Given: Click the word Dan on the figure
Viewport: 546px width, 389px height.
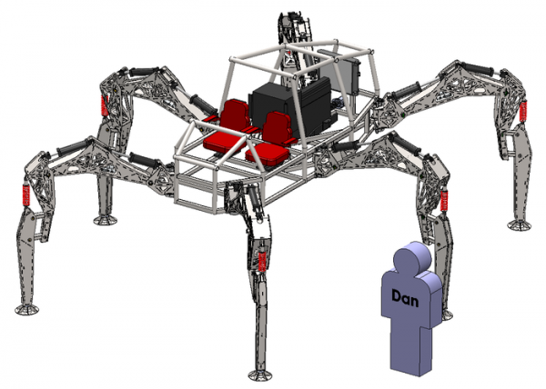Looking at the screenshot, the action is (405, 299).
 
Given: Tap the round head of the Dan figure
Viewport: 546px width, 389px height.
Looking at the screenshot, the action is (412, 258).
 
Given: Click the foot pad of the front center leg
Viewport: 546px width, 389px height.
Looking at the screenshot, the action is (259, 375).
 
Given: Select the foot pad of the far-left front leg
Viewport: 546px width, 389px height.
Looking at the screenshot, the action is (26, 309).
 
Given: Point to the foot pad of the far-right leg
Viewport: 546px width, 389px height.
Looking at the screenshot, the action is (520, 224).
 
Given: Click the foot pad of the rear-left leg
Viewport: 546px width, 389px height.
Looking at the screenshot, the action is (106, 220).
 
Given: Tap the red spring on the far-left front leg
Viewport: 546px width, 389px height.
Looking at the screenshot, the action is (25, 195).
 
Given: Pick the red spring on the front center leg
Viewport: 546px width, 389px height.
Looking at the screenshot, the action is (262, 262).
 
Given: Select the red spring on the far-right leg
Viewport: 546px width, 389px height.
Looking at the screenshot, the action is (522, 111).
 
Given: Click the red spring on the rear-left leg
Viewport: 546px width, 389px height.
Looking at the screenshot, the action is (104, 105).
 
